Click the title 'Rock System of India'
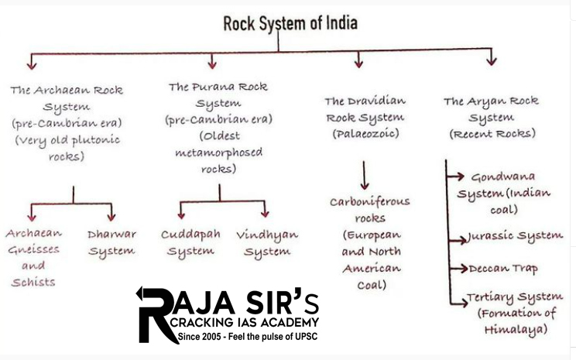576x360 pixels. (x=290, y=23)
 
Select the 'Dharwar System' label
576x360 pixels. (x=111, y=242)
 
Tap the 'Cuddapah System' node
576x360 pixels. (x=190, y=242)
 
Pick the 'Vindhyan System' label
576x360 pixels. (x=267, y=242)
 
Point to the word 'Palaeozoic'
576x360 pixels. (x=365, y=134)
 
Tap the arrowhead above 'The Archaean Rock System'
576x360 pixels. (x=32, y=61)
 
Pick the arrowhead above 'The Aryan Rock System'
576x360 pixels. (x=491, y=60)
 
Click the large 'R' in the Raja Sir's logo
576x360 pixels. (x=155, y=315)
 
